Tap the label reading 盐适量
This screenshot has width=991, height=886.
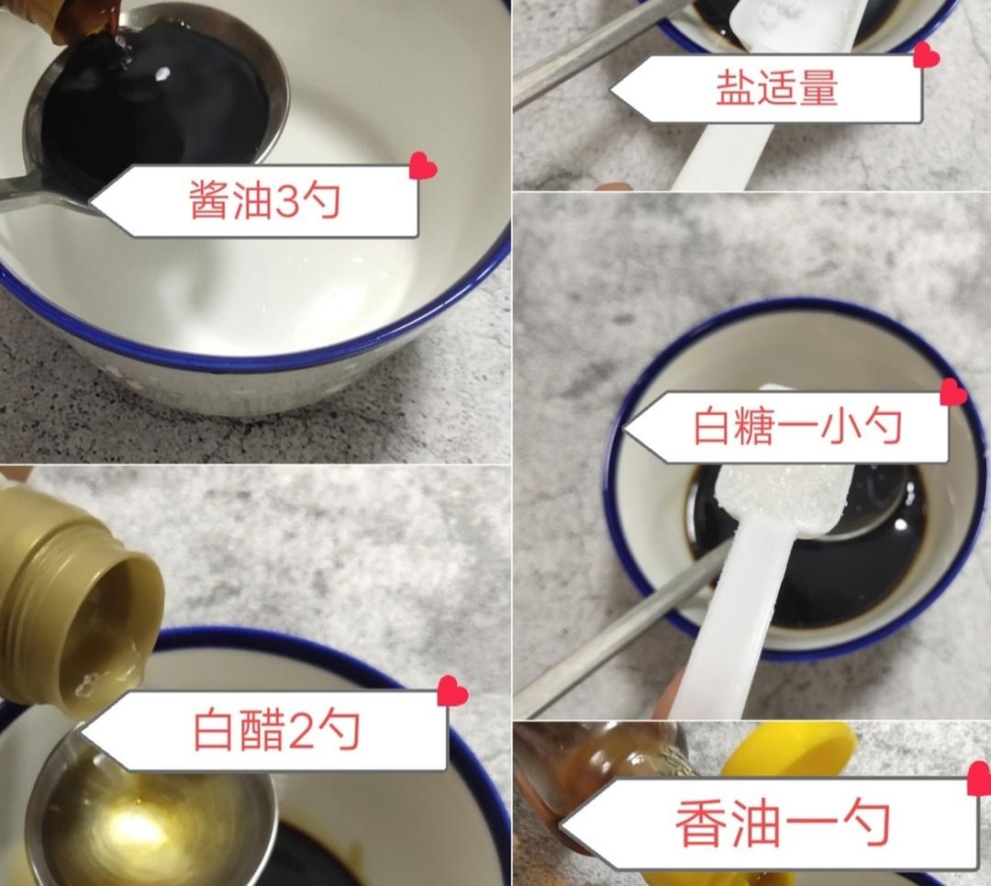point(775,89)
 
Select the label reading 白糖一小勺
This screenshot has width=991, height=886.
point(794,427)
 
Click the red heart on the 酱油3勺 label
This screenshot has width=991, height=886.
point(423,166)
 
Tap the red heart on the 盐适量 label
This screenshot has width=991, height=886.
point(926,56)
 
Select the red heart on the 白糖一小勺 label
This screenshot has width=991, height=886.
point(953,393)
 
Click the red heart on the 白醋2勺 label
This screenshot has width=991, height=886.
point(452,691)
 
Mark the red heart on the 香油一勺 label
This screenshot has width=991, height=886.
point(979,781)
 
